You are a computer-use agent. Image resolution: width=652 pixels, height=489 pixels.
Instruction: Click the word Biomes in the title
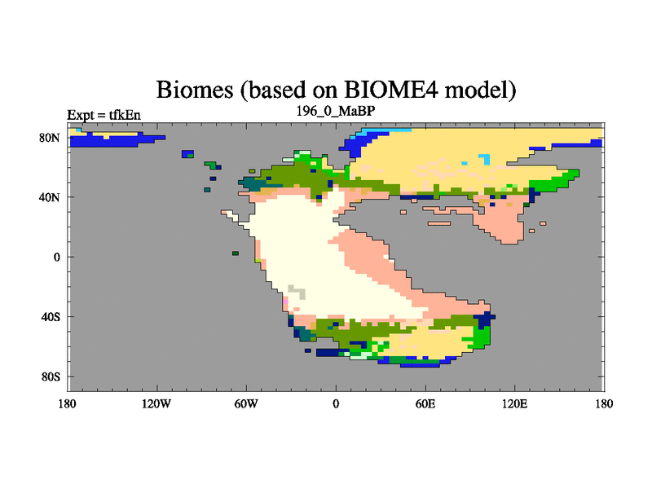click(x=195, y=90)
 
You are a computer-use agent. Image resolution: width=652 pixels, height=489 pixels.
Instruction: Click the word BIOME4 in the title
click(x=391, y=89)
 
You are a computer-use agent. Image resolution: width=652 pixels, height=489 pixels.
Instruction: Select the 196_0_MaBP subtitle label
click(x=336, y=111)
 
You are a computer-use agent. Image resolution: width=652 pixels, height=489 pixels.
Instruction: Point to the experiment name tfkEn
click(x=125, y=115)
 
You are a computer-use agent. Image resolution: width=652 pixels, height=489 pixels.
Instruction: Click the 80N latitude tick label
click(x=50, y=138)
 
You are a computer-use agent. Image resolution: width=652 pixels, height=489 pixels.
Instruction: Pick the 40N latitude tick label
click(x=50, y=197)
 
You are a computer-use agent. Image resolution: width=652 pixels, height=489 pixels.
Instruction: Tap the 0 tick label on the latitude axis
click(x=56, y=257)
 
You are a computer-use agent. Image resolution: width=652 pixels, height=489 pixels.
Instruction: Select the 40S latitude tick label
click(x=51, y=317)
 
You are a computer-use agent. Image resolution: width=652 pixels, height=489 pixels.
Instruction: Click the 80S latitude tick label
click(x=51, y=377)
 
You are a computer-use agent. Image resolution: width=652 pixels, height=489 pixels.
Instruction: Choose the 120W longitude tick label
click(x=156, y=403)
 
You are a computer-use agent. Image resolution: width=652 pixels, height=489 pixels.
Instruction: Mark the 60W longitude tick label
click(x=246, y=403)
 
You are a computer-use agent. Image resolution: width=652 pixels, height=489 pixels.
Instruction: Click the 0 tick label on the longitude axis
click(x=336, y=403)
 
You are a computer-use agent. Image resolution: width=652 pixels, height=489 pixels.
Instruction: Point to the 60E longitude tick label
click(x=425, y=403)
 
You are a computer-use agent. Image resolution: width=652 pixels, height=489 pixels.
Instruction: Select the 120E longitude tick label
click(x=515, y=403)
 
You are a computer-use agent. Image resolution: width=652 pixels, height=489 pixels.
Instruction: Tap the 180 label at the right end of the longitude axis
click(x=604, y=403)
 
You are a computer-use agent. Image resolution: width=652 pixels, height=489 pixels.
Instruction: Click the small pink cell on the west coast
click(x=286, y=301)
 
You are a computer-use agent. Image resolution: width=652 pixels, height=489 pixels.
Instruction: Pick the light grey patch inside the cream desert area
click(x=297, y=292)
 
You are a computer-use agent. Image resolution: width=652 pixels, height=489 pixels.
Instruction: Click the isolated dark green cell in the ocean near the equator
click(x=236, y=253)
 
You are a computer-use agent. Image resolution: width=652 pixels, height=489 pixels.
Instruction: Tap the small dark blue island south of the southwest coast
click(x=308, y=350)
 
